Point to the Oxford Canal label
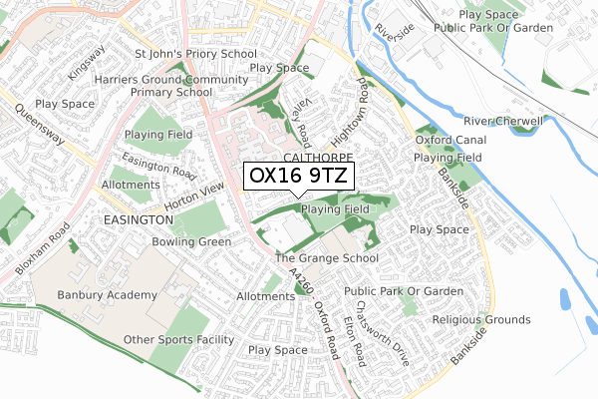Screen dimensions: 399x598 coord(448,141)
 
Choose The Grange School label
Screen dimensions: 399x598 coord(327,258)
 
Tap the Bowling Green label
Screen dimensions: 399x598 coord(191,241)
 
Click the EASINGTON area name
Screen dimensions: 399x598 coord(138,218)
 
